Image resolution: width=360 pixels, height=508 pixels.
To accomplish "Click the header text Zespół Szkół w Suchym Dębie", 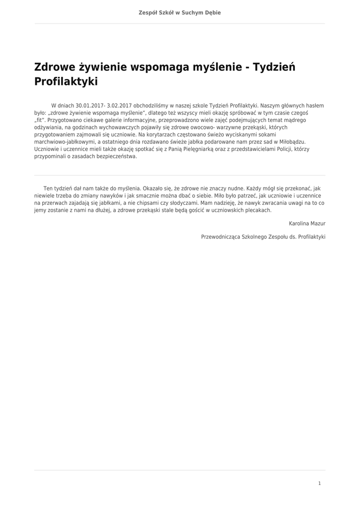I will tap(180, 12).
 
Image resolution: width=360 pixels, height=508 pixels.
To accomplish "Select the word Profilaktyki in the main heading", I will tap(66, 81).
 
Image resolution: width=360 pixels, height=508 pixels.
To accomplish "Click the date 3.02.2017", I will tap(119, 106).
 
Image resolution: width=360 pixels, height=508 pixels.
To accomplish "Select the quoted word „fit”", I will tap(40, 120).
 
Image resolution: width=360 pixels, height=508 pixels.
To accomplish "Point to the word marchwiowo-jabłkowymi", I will tap(63, 141).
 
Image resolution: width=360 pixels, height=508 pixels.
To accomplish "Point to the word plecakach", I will tap(257, 210).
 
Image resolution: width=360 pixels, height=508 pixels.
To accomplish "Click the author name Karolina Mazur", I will tap(307, 224).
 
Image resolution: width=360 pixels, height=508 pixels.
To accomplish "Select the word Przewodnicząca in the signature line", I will tap(219, 237).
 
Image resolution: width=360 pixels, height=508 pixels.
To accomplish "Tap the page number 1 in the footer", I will tap(319, 483).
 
